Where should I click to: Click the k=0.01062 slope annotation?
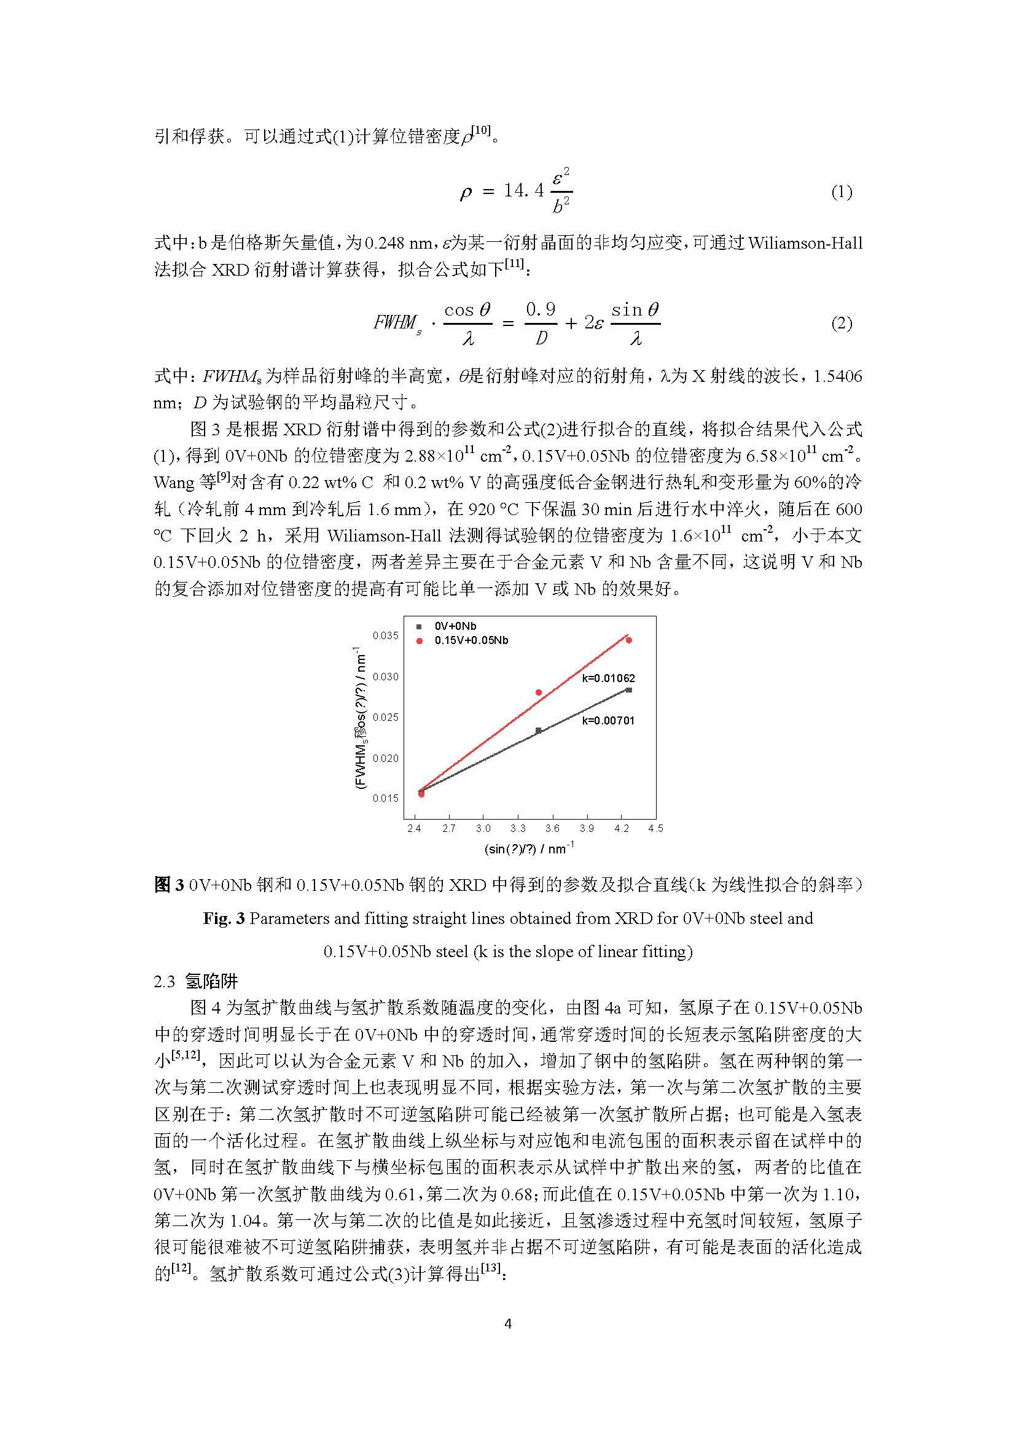608,678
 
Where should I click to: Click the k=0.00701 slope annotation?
608,721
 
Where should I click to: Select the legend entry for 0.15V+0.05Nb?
471,640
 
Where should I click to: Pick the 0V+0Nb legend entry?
455,626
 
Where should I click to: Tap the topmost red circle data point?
629,640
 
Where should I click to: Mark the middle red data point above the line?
539,693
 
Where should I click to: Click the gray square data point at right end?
629,690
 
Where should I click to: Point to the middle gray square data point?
539,730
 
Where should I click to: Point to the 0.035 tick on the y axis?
385,636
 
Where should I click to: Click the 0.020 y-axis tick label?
385,759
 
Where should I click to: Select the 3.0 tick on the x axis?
483,829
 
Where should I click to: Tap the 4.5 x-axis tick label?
655,829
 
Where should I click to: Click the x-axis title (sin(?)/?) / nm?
529,849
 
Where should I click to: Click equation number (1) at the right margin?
842,192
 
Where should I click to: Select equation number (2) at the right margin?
842,324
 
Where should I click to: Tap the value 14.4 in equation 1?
523,191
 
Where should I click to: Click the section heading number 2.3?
165,981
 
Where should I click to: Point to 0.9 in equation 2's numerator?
541,309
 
